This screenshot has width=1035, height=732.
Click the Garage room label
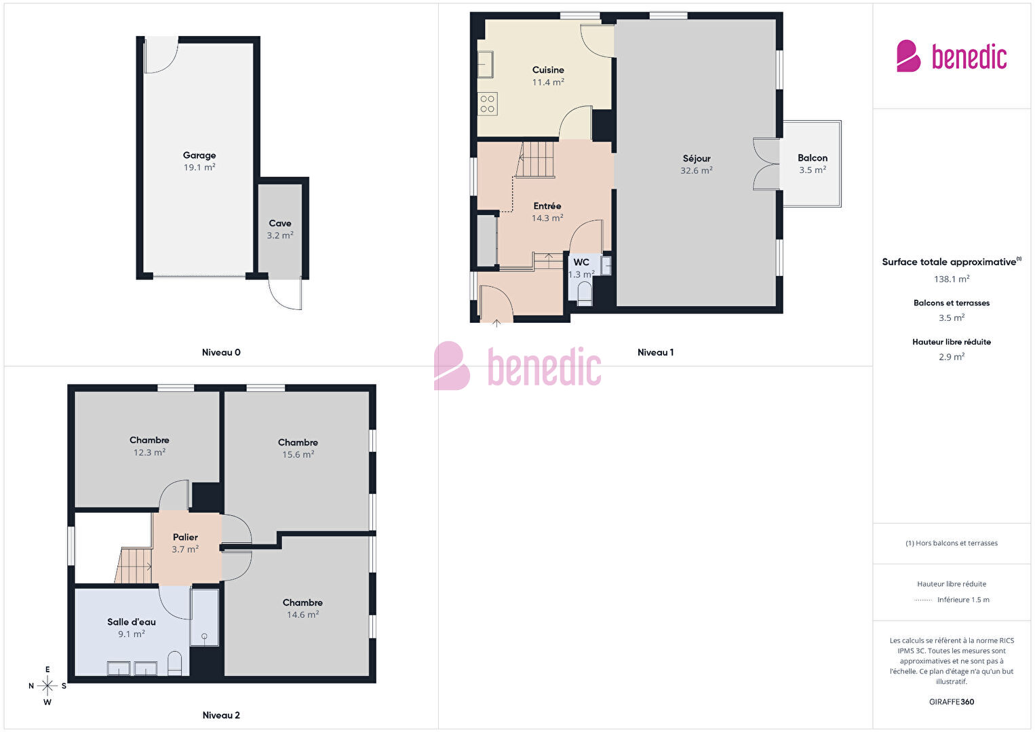199,155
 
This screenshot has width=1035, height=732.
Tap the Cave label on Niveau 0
280,223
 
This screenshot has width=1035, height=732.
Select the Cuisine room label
548,70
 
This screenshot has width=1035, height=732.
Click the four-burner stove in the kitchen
488,104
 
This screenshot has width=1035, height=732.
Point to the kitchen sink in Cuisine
486,64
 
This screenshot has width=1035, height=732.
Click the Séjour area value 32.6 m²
697,170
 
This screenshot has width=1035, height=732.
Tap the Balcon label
813,157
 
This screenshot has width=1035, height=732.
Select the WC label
581,262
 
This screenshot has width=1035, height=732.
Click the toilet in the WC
585,294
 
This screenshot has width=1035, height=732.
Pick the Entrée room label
547,206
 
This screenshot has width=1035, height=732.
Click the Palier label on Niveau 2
185,537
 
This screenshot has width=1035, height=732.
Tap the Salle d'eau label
131,622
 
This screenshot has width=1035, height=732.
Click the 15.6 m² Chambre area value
298,455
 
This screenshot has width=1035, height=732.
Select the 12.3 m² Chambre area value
149,452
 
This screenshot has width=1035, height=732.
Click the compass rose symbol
47,686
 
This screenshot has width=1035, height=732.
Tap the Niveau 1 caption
655,352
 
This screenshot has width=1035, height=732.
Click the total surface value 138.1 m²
952,279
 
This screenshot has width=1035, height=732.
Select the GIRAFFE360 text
952,701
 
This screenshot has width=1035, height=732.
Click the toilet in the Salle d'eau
174,663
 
